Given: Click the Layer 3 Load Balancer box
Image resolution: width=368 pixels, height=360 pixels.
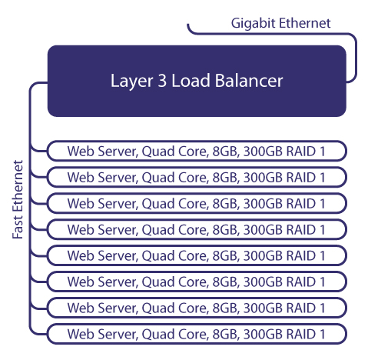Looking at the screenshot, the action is (x=197, y=81).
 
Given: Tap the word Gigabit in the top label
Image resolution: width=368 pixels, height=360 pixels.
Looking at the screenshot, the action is (x=253, y=24).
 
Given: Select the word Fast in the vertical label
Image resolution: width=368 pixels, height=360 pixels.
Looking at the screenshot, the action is (x=18, y=228).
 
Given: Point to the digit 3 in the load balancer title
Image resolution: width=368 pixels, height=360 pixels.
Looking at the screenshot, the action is (x=162, y=81).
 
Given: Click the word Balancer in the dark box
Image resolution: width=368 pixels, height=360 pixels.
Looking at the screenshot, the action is (x=249, y=81).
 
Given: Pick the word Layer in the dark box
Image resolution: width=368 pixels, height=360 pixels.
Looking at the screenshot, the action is (x=131, y=82).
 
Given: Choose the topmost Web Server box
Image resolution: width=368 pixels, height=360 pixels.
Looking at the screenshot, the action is (x=197, y=151).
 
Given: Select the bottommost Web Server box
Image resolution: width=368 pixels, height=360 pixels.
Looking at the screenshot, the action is (x=197, y=334).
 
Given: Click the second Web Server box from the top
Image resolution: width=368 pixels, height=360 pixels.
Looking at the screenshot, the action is (x=197, y=177).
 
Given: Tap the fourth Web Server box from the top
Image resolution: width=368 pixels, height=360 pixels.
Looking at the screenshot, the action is (x=197, y=229).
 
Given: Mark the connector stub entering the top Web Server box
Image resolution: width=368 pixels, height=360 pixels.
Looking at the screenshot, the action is (x=38, y=151).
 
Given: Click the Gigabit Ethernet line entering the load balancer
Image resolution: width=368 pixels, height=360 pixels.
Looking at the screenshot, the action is (x=271, y=34).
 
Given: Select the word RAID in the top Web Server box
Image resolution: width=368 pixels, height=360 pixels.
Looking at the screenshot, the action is (x=301, y=152).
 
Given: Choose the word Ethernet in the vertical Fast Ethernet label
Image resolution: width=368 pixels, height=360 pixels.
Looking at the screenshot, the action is (x=18, y=186).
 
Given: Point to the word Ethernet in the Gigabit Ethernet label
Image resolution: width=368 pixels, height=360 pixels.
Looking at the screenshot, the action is (x=305, y=23).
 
